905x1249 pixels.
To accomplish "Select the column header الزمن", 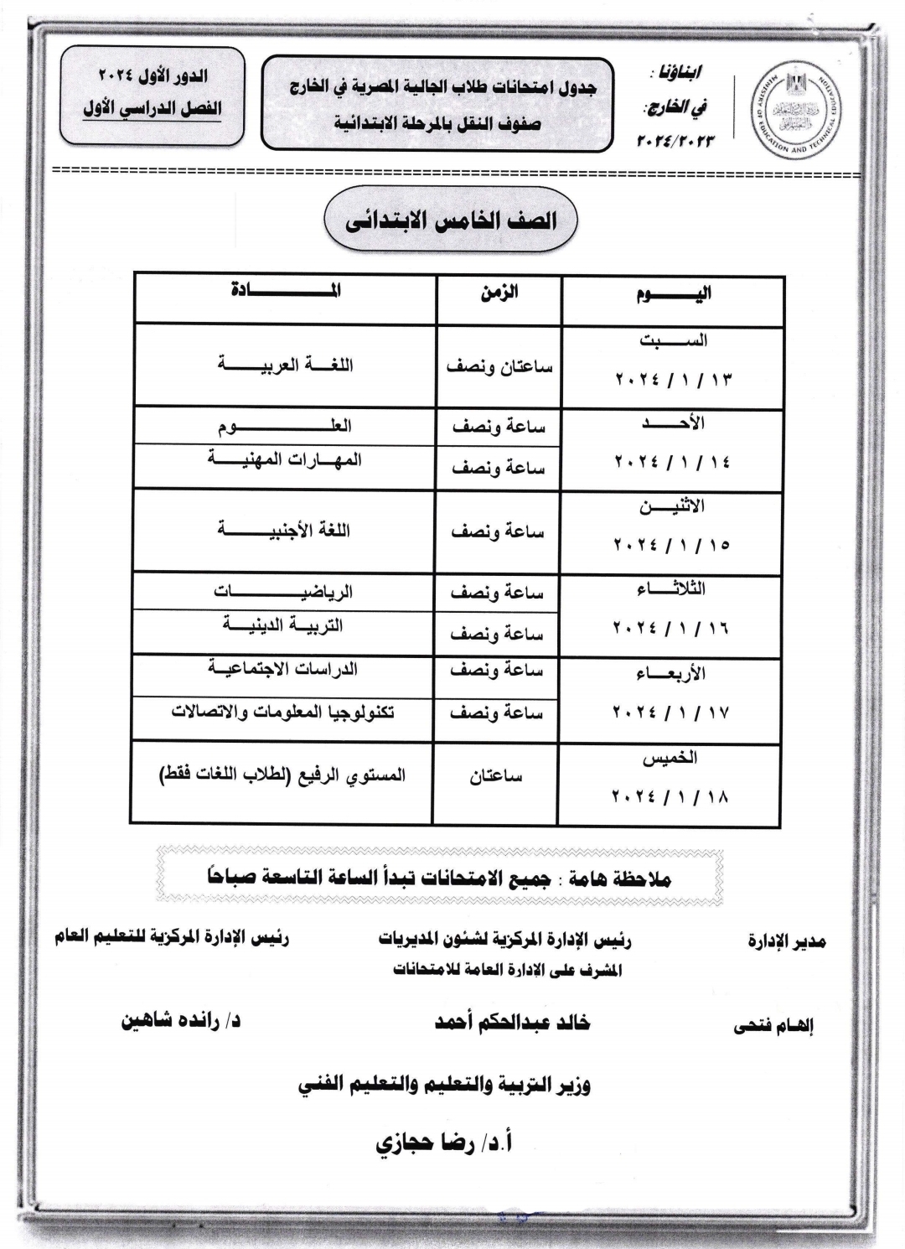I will [499, 293].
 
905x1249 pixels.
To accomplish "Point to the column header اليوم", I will [673, 294].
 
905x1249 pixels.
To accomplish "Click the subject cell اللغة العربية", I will [286, 365].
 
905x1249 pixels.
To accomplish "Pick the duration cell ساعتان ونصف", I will [499, 367].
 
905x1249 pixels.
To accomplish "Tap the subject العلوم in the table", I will [286, 427].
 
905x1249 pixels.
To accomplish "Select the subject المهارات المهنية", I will [286, 460].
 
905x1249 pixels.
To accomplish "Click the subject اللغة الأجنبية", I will [286, 531].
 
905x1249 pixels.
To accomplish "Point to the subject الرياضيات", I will [286, 592].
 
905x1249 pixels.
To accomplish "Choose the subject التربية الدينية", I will [286, 625].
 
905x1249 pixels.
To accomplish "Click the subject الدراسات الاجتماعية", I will [286, 669].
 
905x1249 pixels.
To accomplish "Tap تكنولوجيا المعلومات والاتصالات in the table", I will [286, 713].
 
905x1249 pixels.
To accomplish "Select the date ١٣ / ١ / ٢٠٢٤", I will [673, 379].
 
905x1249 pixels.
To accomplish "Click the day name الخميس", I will [670, 758].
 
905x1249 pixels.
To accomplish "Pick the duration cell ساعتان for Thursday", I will [496, 777].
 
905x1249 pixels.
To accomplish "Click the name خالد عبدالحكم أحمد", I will [512, 1023].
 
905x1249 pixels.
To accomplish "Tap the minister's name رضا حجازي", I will [443, 1143].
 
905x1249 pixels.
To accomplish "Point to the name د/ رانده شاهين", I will [180, 1022].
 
